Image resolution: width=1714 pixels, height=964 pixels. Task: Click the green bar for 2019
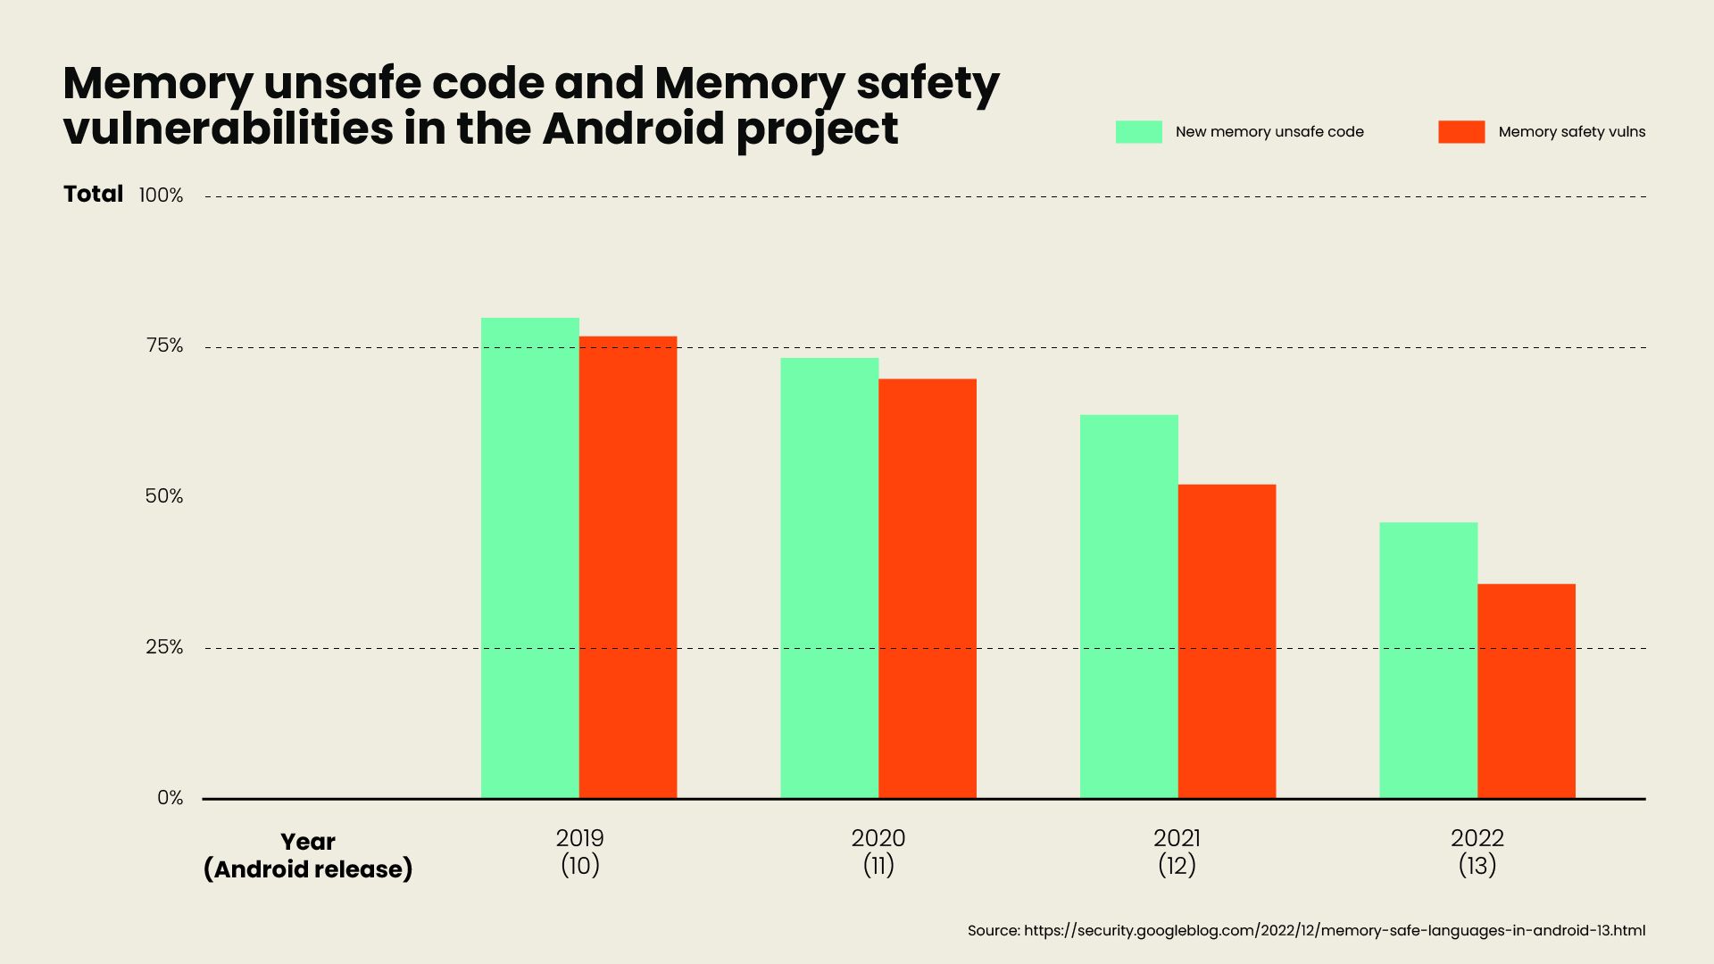(x=529, y=558)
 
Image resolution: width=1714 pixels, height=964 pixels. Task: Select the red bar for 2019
(x=628, y=567)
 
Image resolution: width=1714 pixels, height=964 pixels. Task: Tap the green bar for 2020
(x=829, y=578)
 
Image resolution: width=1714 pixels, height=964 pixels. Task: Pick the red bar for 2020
(x=928, y=588)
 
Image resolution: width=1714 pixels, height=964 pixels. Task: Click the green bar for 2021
(x=1128, y=606)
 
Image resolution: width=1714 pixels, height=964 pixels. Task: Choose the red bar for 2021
(x=1227, y=641)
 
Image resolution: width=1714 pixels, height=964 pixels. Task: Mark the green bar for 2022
(x=1428, y=660)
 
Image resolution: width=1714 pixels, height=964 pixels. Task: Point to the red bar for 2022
(x=1527, y=691)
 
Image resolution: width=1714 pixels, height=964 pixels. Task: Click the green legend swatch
(x=1138, y=132)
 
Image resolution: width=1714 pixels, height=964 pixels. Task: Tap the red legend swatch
(x=1461, y=132)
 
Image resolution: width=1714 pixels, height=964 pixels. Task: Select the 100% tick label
(x=161, y=195)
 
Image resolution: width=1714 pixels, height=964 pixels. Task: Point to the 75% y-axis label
(x=164, y=346)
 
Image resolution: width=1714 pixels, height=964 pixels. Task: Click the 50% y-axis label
(x=164, y=496)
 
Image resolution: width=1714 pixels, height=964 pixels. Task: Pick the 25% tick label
(x=164, y=647)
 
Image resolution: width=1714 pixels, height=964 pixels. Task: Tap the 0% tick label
(x=170, y=798)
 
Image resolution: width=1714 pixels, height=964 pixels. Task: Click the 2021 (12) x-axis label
(x=1177, y=852)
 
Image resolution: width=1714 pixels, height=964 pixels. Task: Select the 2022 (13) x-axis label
(x=1477, y=852)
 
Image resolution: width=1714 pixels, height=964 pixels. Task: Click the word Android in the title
(x=633, y=129)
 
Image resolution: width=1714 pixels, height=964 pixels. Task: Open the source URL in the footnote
(x=1334, y=931)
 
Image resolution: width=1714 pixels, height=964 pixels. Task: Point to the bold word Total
(x=93, y=194)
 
